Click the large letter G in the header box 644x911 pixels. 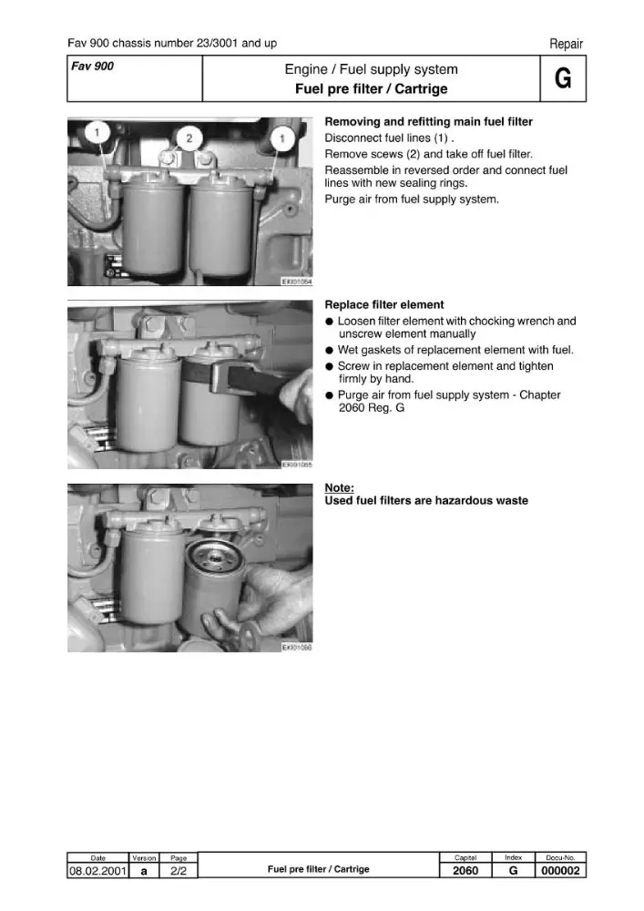pos(563,77)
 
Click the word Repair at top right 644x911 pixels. pos(567,44)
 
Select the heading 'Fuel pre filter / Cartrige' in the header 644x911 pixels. pos(371,89)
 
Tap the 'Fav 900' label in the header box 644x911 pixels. pos(92,67)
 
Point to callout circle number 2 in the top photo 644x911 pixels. pos(189,138)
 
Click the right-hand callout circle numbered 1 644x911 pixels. pos(282,138)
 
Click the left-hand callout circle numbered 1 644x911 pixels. pos(97,132)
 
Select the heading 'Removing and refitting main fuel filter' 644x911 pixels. pos(428,121)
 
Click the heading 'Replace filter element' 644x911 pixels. pos(384,304)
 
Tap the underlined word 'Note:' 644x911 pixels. pos(339,488)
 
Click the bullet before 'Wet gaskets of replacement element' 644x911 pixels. pos(329,351)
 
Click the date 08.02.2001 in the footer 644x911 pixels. pos(97,870)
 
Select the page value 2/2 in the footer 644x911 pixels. pos(179,870)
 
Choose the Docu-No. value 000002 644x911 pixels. pos(560,870)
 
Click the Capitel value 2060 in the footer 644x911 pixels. pos(465,870)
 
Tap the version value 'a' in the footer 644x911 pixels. pos(144,871)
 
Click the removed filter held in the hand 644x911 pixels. pos(212,587)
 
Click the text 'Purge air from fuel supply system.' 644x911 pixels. pos(412,200)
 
